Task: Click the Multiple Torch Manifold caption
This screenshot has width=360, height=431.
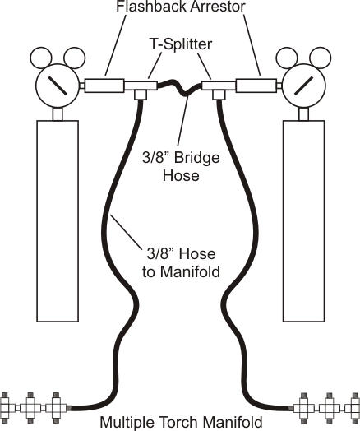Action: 181,423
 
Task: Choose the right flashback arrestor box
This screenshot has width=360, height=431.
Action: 256,84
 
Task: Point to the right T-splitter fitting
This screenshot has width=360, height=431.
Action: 219,86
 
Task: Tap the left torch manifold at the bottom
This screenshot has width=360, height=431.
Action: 33,406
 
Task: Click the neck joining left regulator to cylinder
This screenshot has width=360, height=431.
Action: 58,114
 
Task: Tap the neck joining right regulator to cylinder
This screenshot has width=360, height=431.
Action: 304,114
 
